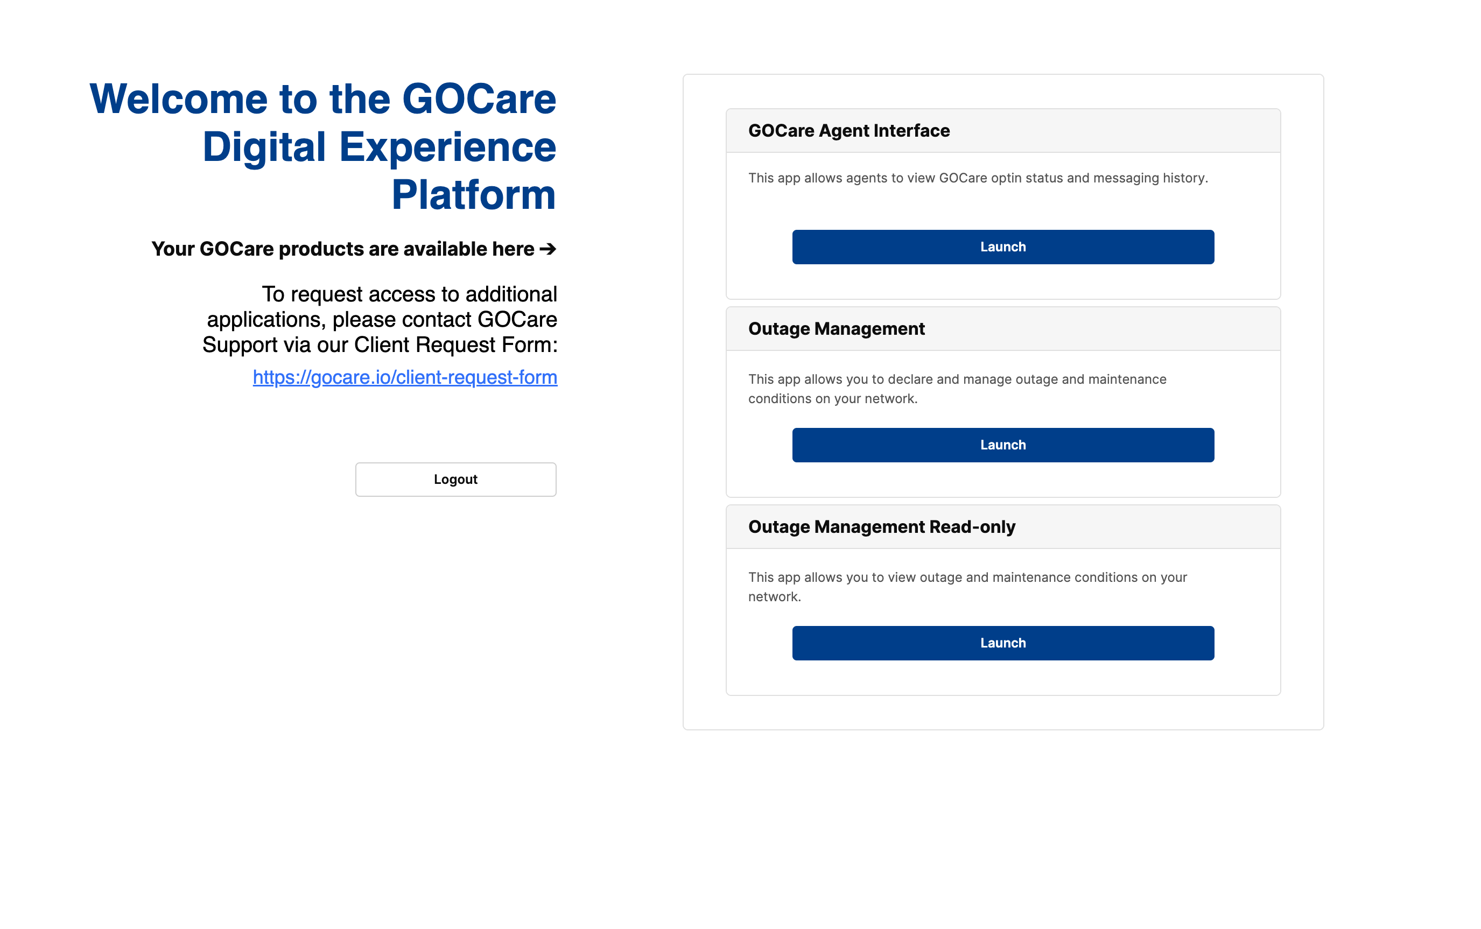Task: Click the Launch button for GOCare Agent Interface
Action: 1002,247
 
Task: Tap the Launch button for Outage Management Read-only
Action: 1002,643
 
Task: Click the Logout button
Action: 455,479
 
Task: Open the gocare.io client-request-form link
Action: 405,377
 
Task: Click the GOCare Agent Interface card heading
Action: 848,131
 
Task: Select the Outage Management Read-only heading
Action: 882,527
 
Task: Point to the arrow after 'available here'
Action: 548,249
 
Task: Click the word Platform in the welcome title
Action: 474,195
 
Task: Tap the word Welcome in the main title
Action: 179,99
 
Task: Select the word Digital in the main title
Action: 264,147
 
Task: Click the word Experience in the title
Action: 447,147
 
